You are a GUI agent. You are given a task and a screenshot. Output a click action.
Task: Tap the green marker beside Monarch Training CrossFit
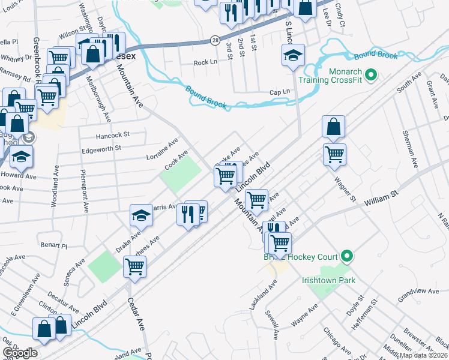[371, 75]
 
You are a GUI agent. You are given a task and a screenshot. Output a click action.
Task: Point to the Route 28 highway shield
[214, 40]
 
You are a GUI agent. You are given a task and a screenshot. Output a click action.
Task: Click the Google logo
[20, 353]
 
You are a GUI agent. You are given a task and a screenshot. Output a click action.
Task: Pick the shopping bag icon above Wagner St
[333, 127]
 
